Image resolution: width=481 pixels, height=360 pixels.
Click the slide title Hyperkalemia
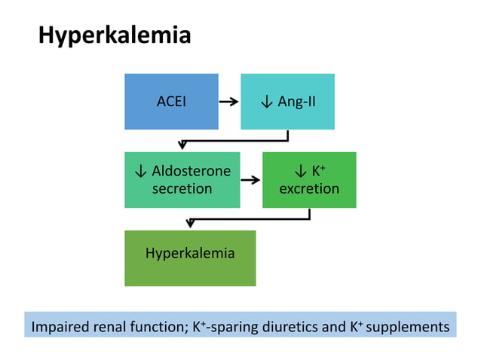click(115, 35)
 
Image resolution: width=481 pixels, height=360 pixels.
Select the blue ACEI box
click(171, 101)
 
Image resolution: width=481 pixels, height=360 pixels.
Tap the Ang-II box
click(287, 101)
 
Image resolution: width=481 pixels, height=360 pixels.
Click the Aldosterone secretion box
click(182, 180)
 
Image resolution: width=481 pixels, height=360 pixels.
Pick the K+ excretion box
click(309, 180)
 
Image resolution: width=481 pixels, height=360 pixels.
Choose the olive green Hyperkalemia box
click(190, 258)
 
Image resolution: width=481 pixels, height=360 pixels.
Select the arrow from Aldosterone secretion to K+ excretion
click(250, 180)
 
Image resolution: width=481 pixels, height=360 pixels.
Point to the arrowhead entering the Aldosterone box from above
click(182, 145)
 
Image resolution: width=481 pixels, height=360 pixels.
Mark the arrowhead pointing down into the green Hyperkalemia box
click(191, 223)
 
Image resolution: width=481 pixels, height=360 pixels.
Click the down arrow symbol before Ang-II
click(266, 102)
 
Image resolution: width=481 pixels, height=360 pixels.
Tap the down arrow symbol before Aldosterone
click(140, 172)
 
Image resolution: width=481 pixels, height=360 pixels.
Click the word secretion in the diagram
click(182, 188)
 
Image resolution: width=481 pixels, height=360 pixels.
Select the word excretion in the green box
click(309, 188)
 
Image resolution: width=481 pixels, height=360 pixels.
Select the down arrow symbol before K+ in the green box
click(299, 172)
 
